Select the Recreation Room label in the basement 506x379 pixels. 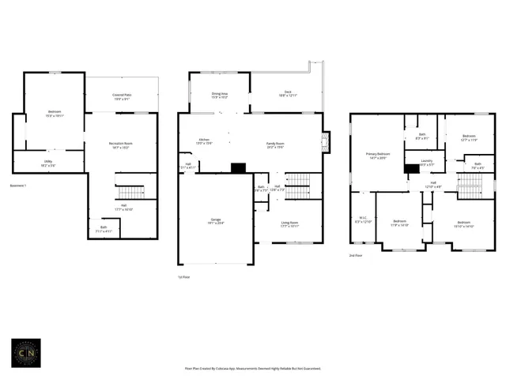point(121,144)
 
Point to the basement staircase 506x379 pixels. point(131,193)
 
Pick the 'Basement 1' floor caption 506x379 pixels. point(18,186)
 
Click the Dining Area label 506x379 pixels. point(219,95)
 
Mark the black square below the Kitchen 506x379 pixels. point(238,167)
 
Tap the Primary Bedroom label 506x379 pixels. point(378,155)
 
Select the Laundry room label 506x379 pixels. point(426,163)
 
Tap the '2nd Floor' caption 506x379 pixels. point(357,256)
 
